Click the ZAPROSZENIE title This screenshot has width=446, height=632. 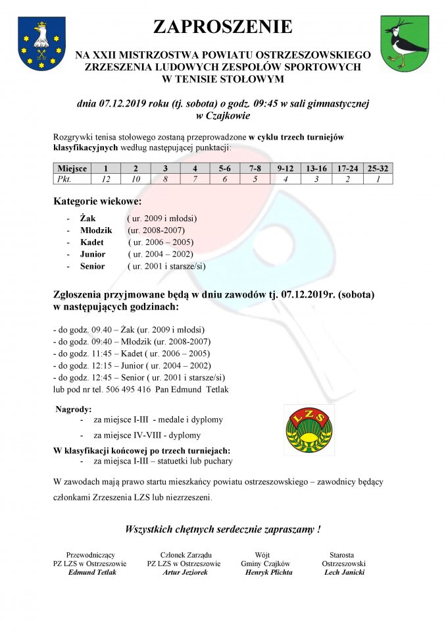(222, 27)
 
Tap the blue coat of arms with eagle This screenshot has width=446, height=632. (41, 44)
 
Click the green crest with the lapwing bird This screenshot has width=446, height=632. (405, 44)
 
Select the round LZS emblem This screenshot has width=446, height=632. (309, 429)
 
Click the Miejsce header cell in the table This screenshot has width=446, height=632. (72, 169)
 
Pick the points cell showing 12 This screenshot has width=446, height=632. (105, 178)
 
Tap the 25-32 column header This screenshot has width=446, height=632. (378, 169)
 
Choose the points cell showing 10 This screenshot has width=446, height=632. (136, 178)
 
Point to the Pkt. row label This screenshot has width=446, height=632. (63, 178)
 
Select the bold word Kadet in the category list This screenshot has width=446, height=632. (92, 242)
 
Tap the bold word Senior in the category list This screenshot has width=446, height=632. (93, 266)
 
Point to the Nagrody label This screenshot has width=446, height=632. (74, 409)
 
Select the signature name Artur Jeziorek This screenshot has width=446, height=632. (185, 572)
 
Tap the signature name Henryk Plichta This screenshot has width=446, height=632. (268, 572)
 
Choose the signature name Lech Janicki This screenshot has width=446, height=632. (344, 572)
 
